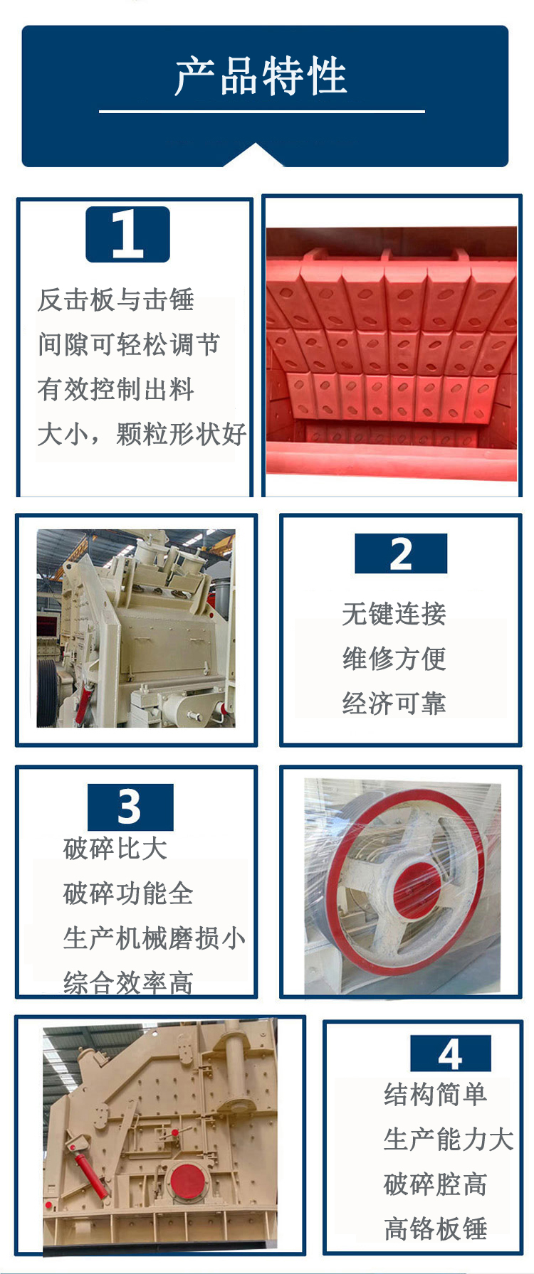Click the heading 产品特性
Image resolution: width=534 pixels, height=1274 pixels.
pyautogui.click(x=261, y=76)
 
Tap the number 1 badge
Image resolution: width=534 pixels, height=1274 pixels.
pyautogui.click(x=128, y=235)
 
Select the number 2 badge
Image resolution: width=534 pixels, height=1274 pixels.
pyautogui.click(x=401, y=553)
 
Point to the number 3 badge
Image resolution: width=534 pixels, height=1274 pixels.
pyautogui.click(x=130, y=807)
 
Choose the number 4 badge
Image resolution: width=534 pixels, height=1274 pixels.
pyautogui.click(x=451, y=1053)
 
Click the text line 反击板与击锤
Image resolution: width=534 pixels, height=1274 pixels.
pyautogui.click(x=116, y=299)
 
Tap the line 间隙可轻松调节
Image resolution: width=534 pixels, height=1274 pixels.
pyautogui.click(x=129, y=344)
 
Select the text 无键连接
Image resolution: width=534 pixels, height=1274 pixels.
pyautogui.click(x=394, y=613)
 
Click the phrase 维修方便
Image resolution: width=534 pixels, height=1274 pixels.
pyautogui.click(x=394, y=658)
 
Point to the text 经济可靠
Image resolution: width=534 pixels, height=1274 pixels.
pyautogui.click(x=394, y=703)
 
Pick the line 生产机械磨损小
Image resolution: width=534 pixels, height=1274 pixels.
pyautogui.click(x=155, y=938)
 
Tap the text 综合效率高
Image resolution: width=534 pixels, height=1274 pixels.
pyautogui.click(x=128, y=983)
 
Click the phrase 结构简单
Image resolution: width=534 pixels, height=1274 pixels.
pyautogui.click(x=435, y=1094)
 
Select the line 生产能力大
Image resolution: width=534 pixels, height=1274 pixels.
pyautogui.click(x=449, y=1139)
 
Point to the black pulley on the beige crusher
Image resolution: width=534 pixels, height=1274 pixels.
pyautogui.click(x=47, y=692)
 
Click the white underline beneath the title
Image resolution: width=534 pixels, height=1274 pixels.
pyautogui.click(x=262, y=112)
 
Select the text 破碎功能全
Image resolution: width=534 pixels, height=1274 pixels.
pyautogui.click(x=128, y=893)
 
